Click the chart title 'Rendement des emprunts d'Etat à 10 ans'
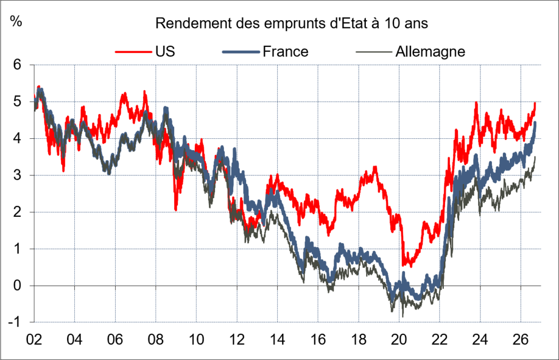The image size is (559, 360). (292, 23)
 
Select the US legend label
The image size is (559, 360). (165, 52)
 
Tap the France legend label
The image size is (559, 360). (285, 52)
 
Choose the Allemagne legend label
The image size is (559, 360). (430, 52)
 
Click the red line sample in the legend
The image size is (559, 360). (133, 52)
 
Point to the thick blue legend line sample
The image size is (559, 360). (241, 52)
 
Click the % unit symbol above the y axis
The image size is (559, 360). (16, 21)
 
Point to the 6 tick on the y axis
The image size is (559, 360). (17, 64)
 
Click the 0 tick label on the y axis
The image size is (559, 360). (17, 285)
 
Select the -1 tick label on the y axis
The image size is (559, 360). (14, 322)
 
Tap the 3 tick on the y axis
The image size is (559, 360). (17, 175)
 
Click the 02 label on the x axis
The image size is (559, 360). (34, 339)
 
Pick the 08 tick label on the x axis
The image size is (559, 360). (156, 339)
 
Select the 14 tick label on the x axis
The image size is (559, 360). (277, 339)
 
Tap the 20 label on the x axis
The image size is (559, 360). (399, 339)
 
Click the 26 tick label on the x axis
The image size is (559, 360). (520, 339)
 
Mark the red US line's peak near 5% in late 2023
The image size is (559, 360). (476, 103)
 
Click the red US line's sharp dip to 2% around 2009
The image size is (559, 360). (176, 210)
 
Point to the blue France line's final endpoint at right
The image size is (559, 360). (535, 123)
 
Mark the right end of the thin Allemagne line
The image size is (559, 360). (535, 157)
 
